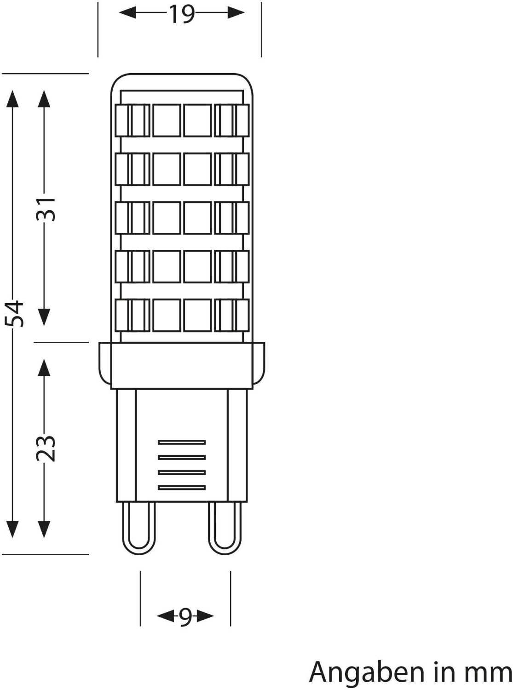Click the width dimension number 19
coord(182,14)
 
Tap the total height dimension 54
coord(17,313)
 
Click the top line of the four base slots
coord(182,443)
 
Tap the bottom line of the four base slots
coord(182,488)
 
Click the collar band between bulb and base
coord(182,366)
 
